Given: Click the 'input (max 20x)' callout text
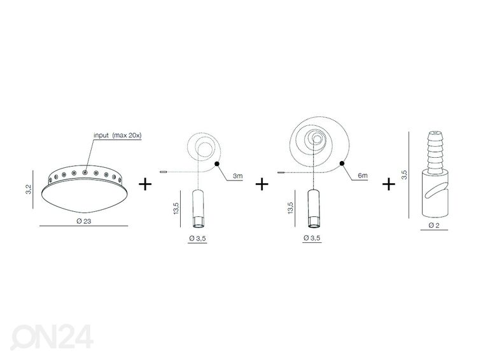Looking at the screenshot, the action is tap(117, 135).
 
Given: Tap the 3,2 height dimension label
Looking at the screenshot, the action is tap(29, 189).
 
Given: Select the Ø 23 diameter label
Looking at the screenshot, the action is tap(84, 221).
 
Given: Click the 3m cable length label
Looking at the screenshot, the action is tap(237, 176).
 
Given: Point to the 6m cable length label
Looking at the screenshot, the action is tap(363, 176).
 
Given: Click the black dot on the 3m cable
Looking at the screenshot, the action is tap(217, 164).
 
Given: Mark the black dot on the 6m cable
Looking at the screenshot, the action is tap(342, 163).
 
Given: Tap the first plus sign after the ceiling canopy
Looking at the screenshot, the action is tap(145, 184).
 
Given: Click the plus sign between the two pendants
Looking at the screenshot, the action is tap(262, 184).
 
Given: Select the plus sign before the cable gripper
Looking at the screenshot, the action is tap(389, 184).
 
